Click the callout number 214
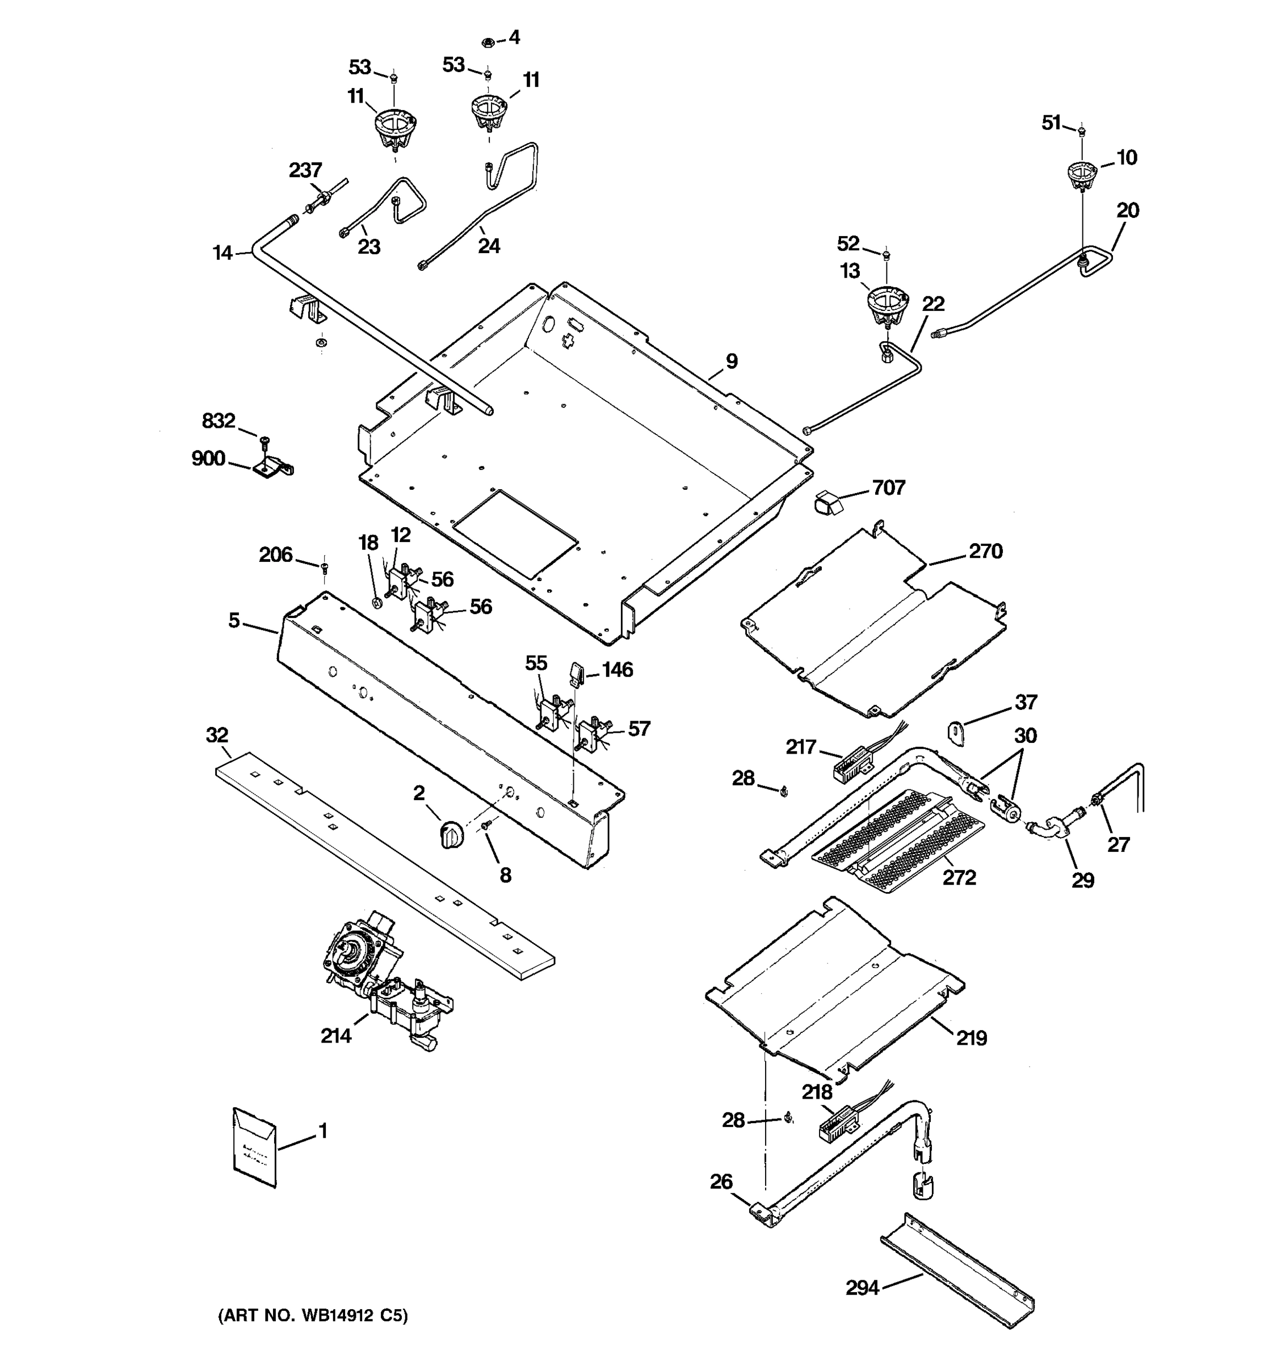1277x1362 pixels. point(335,1035)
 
